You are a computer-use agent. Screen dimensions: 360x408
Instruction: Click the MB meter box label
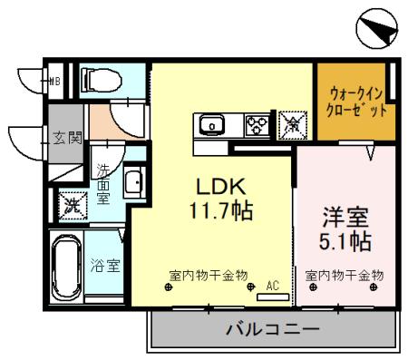point(53,80)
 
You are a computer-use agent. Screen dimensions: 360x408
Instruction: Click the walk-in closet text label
point(356,102)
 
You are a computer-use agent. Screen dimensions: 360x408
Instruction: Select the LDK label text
point(220,186)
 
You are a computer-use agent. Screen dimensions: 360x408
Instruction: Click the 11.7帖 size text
point(220,211)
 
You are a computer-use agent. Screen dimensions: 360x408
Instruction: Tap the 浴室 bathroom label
point(105,266)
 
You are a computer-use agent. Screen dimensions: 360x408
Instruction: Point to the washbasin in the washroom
point(131,183)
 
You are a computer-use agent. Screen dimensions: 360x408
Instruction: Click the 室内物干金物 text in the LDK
point(209,275)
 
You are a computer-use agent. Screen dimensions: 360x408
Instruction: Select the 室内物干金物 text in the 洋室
point(344,275)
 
